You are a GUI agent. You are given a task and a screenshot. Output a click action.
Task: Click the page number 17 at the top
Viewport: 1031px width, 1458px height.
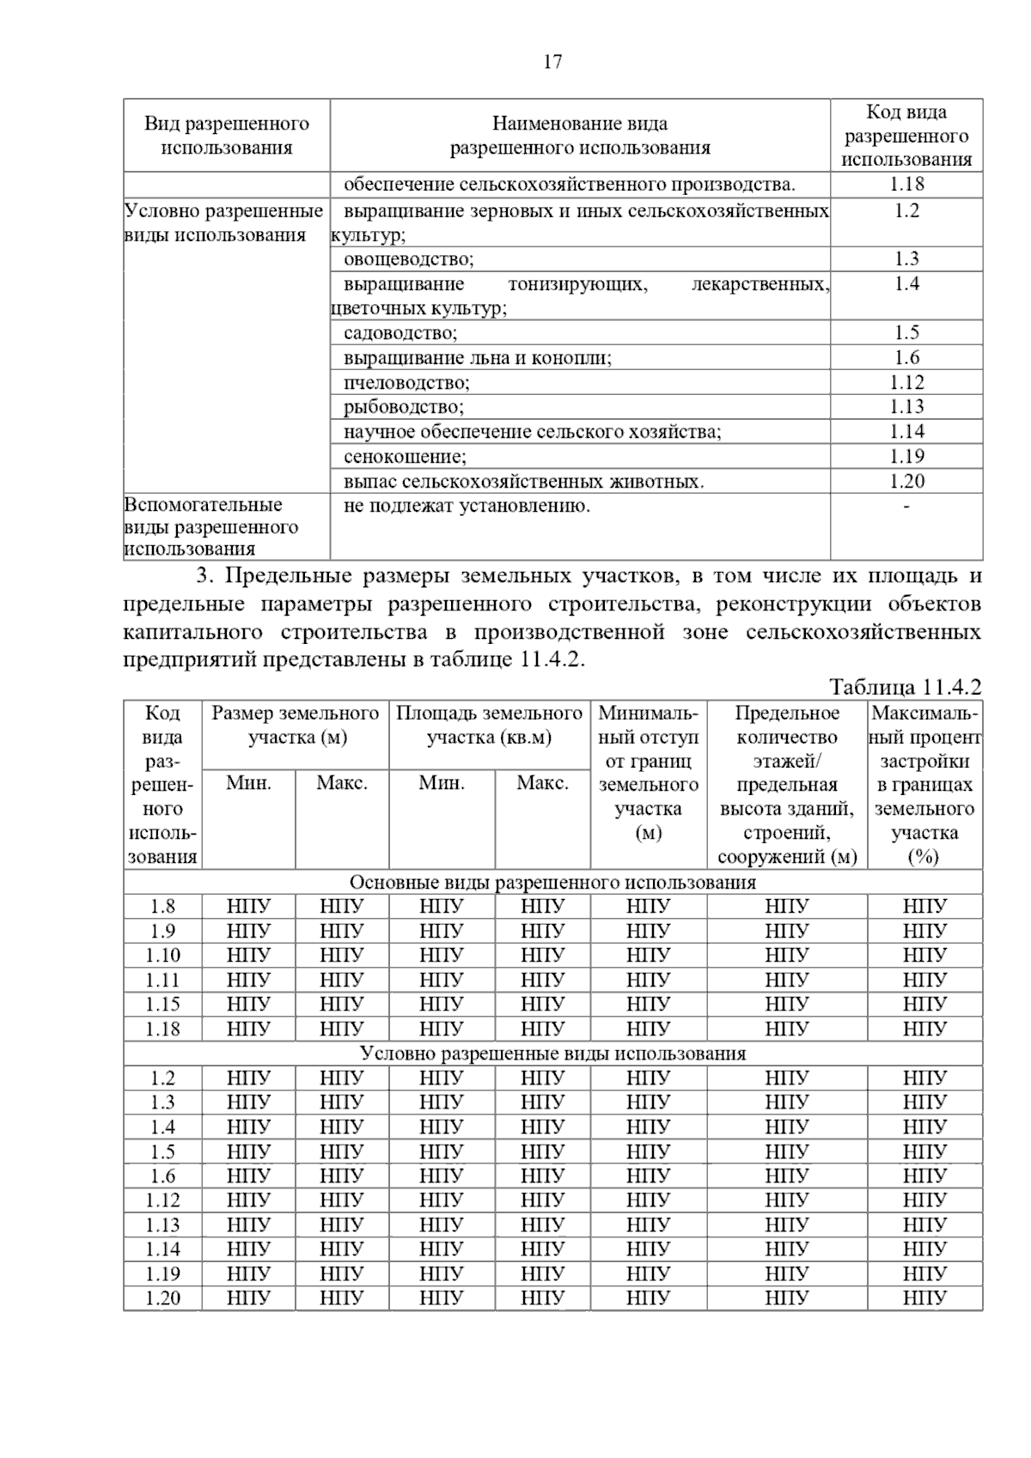click(552, 62)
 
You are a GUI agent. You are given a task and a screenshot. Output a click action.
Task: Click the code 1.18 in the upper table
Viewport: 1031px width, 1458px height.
click(906, 184)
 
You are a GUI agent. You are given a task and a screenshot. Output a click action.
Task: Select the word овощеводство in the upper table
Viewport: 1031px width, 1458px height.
click(408, 259)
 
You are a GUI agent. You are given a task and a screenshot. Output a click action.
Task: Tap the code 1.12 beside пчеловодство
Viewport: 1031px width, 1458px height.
click(906, 383)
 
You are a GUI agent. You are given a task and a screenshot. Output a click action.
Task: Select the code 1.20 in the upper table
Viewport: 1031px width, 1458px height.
click(906, 481)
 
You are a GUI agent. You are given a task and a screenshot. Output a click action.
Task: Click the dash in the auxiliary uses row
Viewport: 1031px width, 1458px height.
click(906, 507)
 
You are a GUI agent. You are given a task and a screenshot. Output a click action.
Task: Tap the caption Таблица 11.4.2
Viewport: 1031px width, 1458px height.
click(905, 688)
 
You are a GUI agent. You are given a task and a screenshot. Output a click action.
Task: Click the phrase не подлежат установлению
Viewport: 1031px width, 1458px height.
click(467, 506)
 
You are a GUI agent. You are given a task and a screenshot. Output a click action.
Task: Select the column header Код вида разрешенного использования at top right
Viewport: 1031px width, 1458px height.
click(906, 136)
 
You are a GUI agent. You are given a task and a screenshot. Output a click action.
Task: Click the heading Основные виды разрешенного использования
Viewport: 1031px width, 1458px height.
click(552, 883)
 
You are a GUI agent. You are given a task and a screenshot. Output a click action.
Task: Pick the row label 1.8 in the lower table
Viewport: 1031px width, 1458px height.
click(162, 907)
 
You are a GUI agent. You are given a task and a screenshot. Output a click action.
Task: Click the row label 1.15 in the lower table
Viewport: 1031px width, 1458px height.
click(162, 1005)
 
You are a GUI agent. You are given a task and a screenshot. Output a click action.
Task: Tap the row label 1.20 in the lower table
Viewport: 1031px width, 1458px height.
click(162, 1298)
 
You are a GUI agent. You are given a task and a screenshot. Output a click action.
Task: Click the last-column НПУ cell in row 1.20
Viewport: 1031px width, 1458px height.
click(924, 1298)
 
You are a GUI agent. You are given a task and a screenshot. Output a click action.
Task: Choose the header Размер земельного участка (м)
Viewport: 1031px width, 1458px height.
click(296, 726)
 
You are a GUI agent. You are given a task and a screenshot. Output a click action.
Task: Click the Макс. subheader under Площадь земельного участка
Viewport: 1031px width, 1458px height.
click(542, 784)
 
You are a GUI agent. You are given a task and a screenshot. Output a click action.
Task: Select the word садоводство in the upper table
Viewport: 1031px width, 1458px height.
click(400, 333)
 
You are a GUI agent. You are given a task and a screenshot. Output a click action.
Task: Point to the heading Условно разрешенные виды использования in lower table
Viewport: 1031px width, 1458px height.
click(552, 1054)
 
